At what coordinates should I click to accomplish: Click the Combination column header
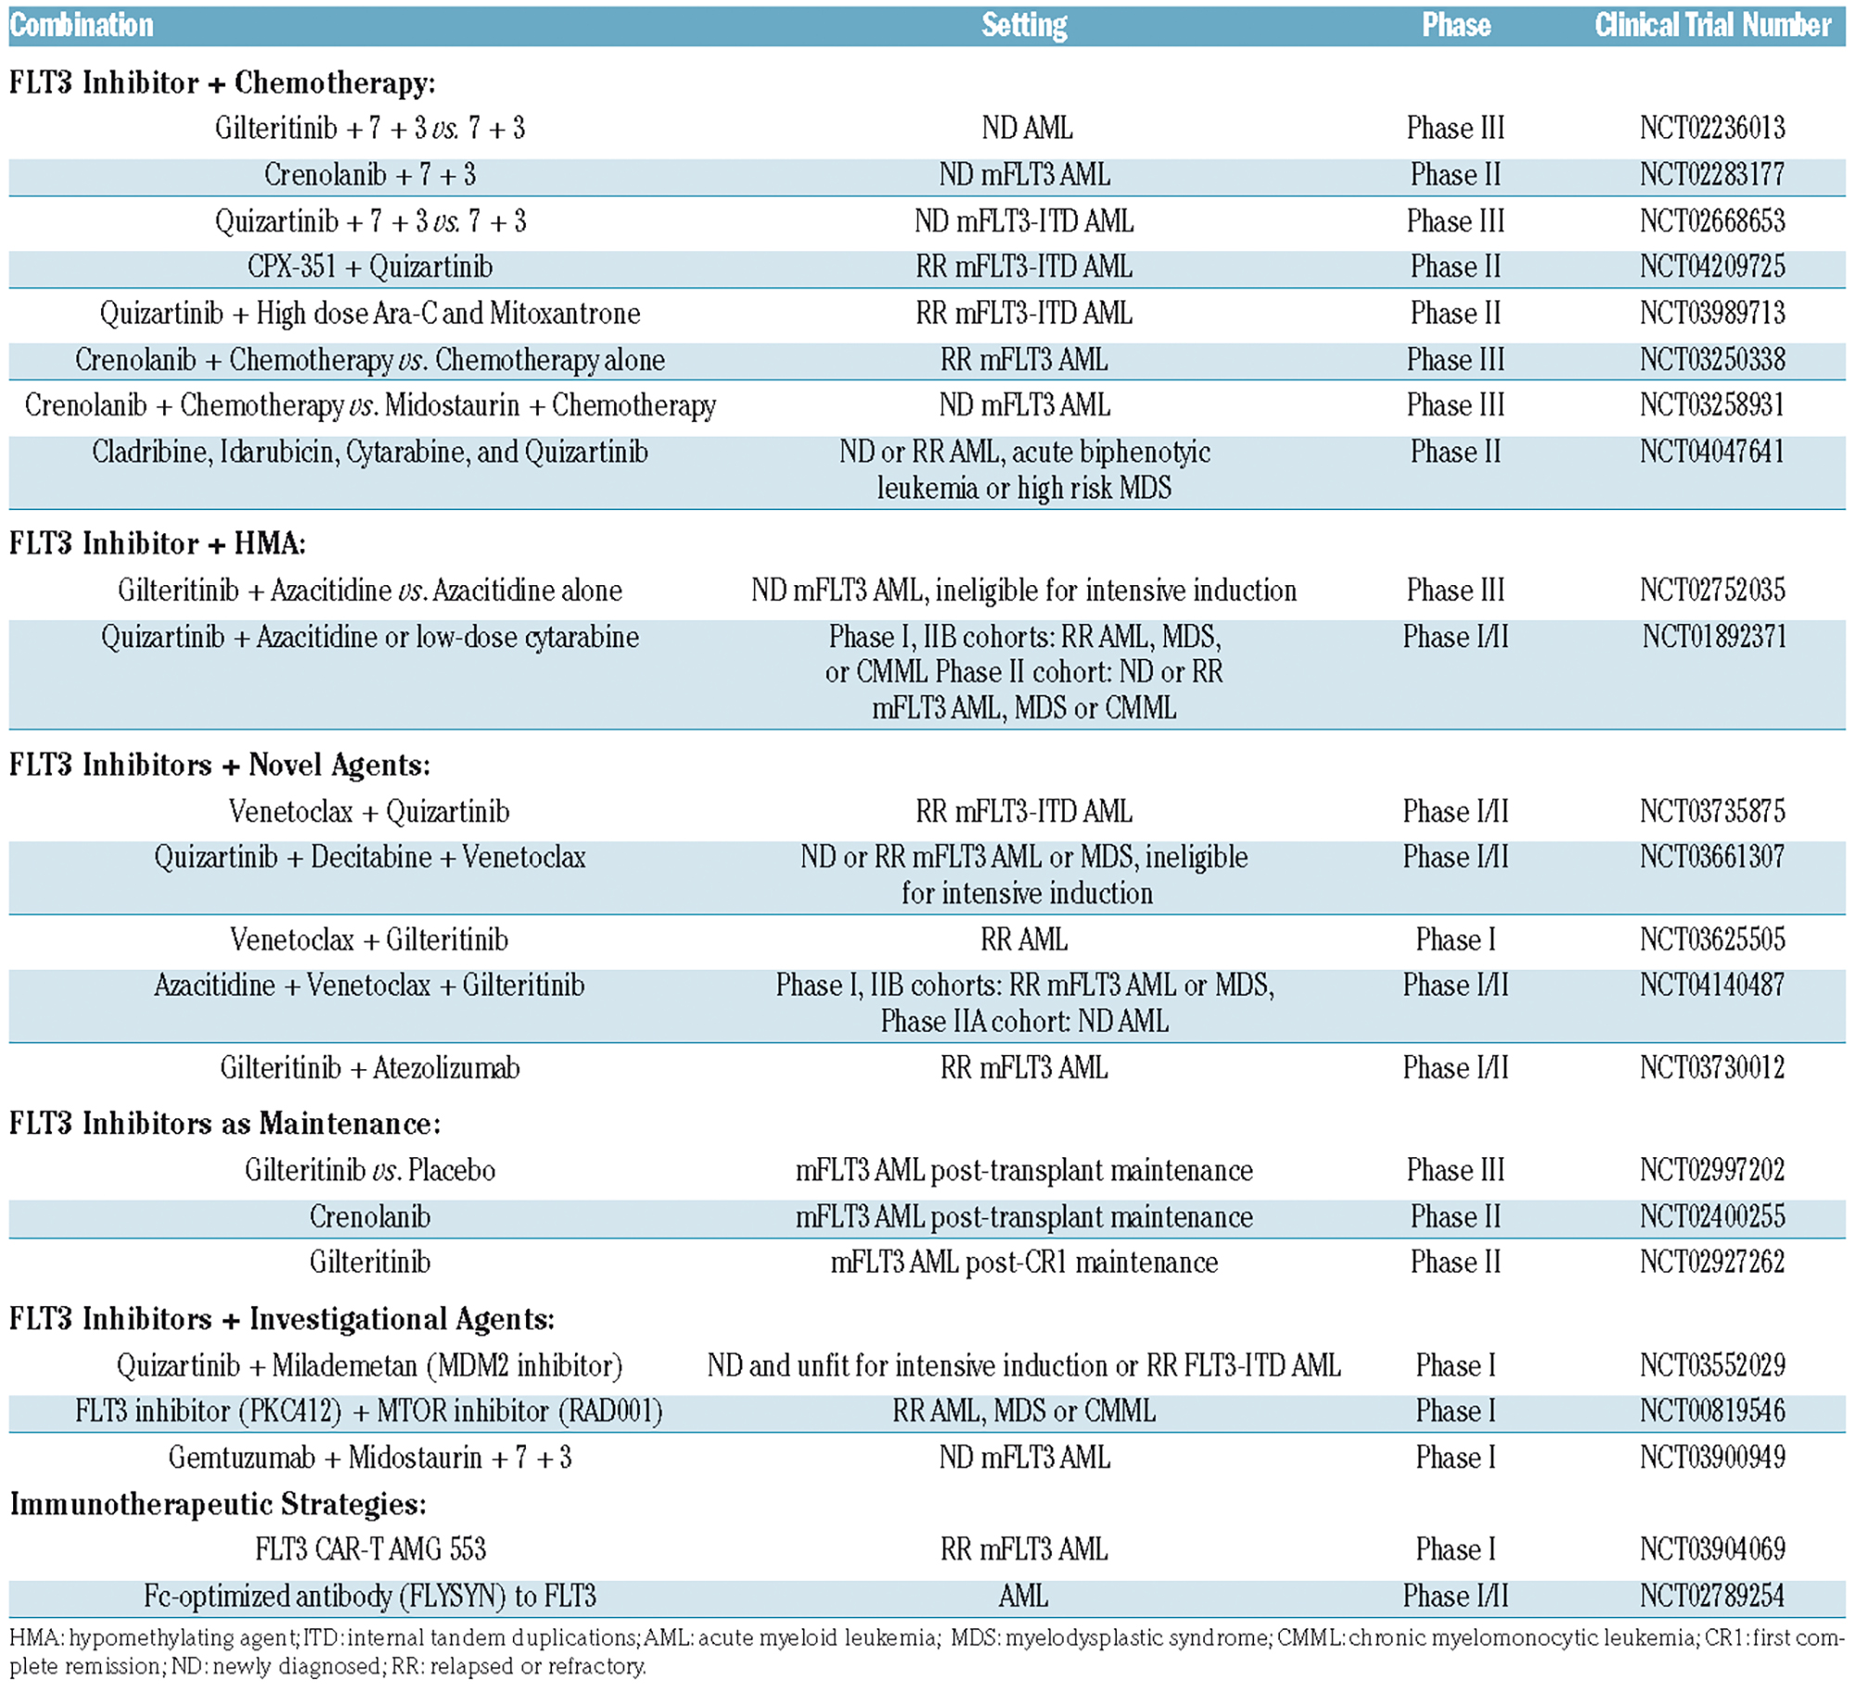(82, 25)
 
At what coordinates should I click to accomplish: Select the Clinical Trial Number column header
(1712, 25)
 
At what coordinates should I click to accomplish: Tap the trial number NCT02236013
(1712, 128)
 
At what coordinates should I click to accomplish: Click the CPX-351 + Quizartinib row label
(370, 267)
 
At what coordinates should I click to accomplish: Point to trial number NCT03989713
(1712, 313)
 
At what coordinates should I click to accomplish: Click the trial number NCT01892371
(1714, 637)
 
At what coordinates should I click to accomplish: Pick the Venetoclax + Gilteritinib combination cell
(369, 940)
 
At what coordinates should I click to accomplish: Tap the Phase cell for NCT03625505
(1455, 940)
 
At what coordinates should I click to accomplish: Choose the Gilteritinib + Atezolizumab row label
(370, 1068)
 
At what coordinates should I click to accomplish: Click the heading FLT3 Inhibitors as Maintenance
(225, 1124)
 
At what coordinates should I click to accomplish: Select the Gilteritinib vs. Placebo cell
(370, 1170)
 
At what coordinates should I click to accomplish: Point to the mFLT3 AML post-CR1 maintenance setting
(1024, 1263)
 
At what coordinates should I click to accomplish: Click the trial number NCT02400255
(1712, 1216)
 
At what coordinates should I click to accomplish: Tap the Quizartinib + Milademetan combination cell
(370, 1366)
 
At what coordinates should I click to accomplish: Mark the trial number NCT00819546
(1712, 1411)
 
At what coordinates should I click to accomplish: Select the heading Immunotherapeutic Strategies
(218, 1504)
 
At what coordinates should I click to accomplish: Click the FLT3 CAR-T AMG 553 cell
(370, 1549)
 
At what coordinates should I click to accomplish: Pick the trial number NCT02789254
(1712, 1596)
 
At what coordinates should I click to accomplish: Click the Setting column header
(1024, 25)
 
